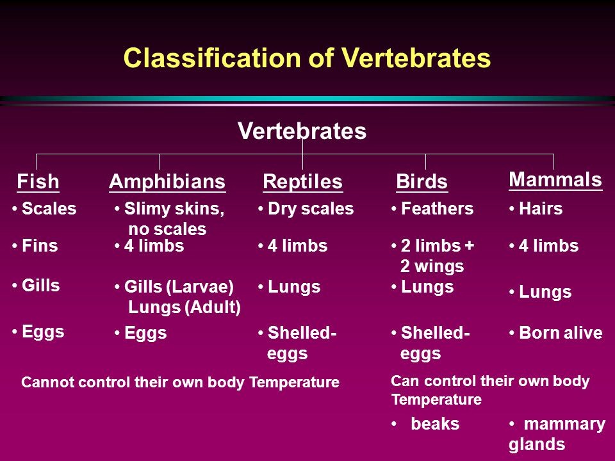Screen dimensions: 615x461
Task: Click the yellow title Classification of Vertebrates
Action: [307, 58]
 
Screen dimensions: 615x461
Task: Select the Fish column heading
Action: [38, 181]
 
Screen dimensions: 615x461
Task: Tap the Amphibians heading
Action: [167, 181]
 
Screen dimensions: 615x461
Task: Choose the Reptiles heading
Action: [303, 181]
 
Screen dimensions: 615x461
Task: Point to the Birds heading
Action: [422, 181]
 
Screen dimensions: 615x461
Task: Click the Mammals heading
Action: [555, 179]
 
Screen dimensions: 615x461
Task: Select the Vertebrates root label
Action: [302, 131]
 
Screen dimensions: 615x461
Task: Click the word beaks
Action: [436, 424]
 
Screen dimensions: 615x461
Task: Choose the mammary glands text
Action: [557, 434]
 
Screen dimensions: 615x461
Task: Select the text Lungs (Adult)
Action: [184, 307]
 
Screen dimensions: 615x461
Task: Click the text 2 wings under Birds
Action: [432, 266]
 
